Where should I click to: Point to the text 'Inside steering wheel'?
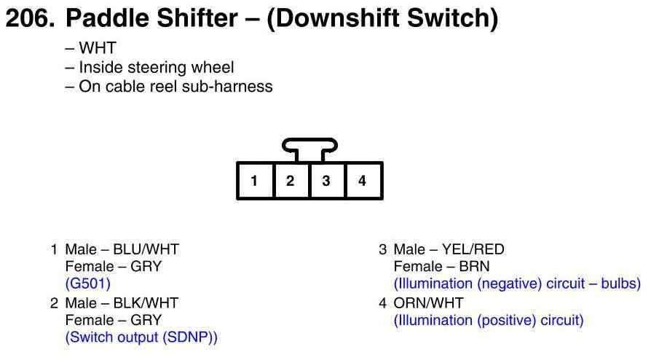(149, 68)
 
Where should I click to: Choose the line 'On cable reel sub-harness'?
(168, 87)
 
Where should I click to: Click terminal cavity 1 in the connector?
(254, 181)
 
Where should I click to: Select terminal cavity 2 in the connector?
(290, 181)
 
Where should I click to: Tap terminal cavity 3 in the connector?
(326, 181)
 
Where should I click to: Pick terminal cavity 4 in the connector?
(362, 181)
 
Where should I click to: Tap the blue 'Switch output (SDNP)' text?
(141, 337)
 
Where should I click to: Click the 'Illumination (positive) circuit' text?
(489, 319)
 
